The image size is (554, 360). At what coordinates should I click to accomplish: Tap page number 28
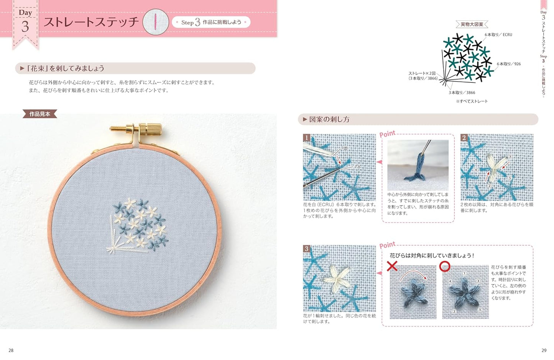tap(11, 350)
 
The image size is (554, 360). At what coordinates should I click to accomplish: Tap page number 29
tap(544, 350)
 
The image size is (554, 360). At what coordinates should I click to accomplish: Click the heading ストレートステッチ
tap(91, 22)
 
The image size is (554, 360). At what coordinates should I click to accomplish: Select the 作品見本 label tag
tap(40, 114)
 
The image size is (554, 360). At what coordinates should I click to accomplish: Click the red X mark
tap(392, 266)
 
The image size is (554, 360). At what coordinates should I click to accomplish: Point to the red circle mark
tap(444, 266)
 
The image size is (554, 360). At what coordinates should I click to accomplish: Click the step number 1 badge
tap(306, 138)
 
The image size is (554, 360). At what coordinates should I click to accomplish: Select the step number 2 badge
tap(464, 138)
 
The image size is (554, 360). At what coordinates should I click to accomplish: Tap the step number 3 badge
tap(306, 249)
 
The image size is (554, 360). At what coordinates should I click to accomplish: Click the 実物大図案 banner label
tap(472, 24)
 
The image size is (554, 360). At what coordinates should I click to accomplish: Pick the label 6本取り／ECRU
tap(498, 35)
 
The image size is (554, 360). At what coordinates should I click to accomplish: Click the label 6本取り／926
tap(508, 64)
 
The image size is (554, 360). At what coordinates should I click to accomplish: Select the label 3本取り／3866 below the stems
tap(462, 92)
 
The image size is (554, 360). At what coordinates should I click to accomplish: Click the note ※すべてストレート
tap(472, 101)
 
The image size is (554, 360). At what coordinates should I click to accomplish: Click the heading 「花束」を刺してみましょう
tap(65, 68)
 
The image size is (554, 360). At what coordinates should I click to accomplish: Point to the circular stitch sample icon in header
tap(156, 22)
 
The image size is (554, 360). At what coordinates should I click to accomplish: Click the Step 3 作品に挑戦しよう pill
tap(211, 22)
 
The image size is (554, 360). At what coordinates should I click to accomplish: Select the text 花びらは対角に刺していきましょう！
tap(432, 255)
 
